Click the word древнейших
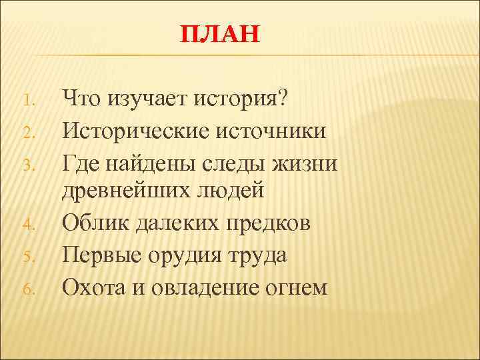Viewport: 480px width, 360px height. point(127,192)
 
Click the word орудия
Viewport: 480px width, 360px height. point(184,255)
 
